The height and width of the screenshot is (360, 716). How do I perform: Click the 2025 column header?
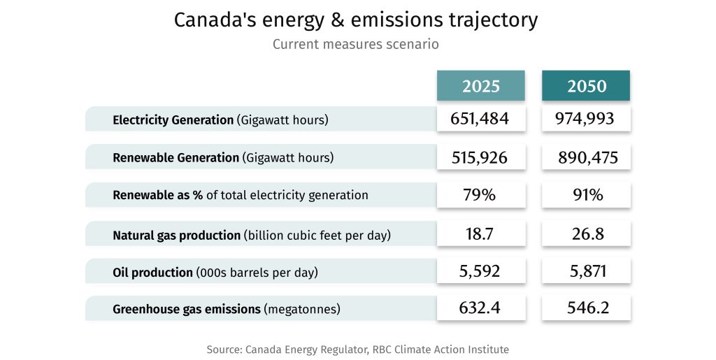[480, 86]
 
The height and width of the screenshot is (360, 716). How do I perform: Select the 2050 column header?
[586, 86]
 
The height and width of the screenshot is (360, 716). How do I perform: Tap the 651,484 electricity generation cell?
[480, 119]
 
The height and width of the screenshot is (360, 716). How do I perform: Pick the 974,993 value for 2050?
[586, 119]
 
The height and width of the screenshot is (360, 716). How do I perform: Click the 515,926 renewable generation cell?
[480, 157]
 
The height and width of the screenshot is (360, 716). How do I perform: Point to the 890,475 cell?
[586, 157]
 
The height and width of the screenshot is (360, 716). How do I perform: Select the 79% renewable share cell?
[480, 195]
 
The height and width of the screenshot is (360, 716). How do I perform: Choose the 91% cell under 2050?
[586, 195]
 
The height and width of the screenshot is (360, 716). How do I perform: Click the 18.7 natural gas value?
[480, 234]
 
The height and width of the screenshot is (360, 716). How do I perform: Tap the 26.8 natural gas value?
[586, 234]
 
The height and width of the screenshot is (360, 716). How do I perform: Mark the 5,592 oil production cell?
[480, 271]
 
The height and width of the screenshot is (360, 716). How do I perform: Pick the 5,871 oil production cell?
[586, 271]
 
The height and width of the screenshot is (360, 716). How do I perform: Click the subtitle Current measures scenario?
[355, 45]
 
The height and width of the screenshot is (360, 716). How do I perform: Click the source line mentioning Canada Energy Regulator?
[357, 349]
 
